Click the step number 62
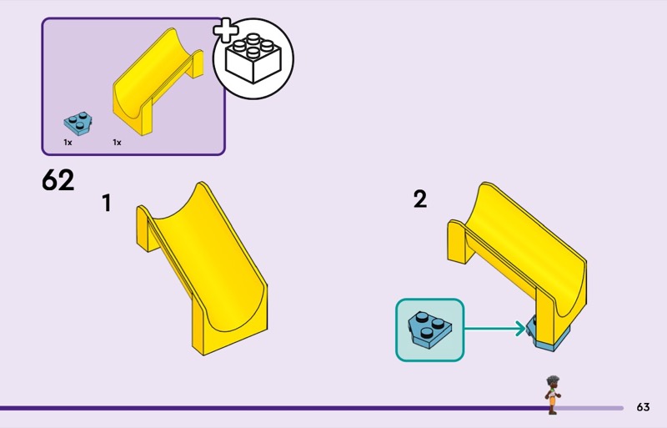point(58,180)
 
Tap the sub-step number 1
point(106,203)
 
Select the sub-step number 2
point(420,199)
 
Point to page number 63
point(643,407)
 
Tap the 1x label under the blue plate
point(68,143)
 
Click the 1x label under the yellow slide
point(117,143)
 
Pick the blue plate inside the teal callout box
point(429,330)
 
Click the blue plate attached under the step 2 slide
point(547,339)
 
